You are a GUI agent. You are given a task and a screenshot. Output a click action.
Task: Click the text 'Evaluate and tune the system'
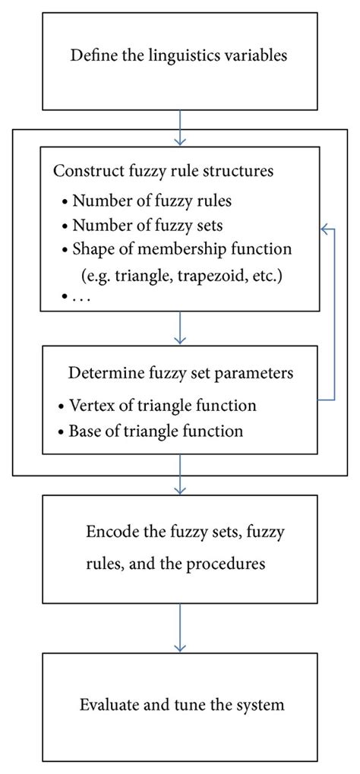pos(182,705)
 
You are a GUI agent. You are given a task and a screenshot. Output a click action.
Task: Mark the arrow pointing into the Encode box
pos(180,485)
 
